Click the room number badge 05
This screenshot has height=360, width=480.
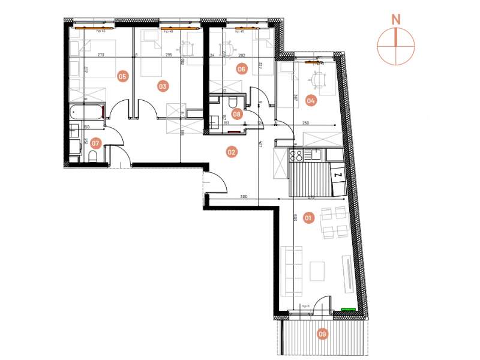pos(122,76)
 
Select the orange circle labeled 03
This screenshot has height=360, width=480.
pos(163,86)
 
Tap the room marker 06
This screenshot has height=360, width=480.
pos(242,69)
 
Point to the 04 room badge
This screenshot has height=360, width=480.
pos(310,101)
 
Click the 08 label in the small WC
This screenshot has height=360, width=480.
pos(237,113)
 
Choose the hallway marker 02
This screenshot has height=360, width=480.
pos(231,152)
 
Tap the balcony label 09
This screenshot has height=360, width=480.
pos(323,335)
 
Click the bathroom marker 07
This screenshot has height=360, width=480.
pos(95,143)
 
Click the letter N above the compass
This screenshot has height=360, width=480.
pos(395,19)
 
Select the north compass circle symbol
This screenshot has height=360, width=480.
pos(395,46)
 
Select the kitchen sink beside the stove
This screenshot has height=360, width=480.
pos(314,155)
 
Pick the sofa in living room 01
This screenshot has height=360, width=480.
pos(292,271)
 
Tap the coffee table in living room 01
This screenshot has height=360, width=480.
pos(317,271)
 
